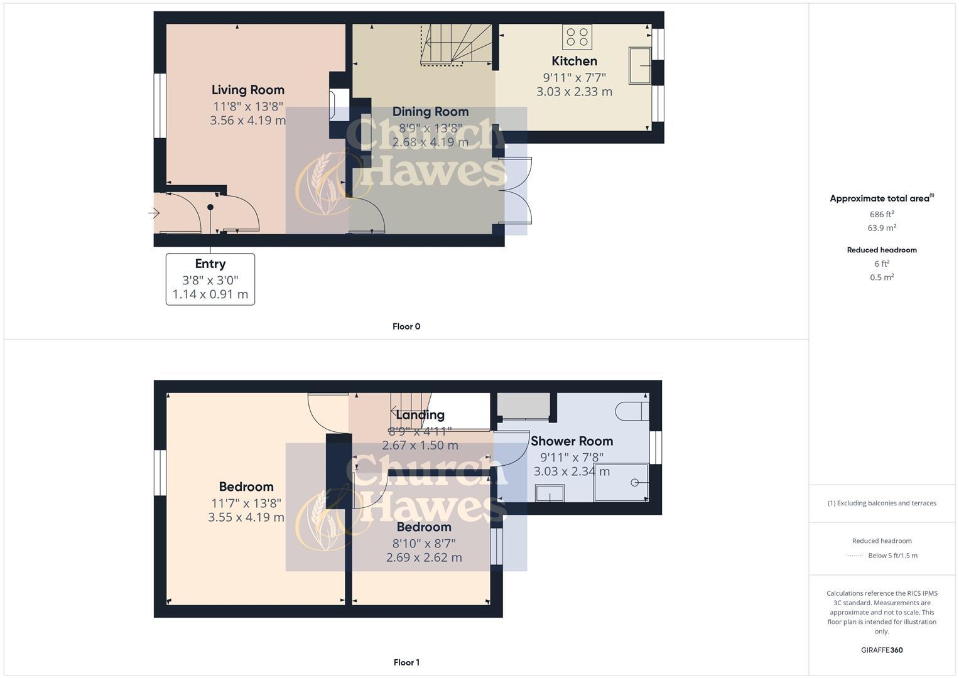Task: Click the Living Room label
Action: coord(247,90)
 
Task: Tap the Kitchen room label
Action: coord(574,61)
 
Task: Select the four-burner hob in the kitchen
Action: coord(577,36)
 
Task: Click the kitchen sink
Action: coord(640,65)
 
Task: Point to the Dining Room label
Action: coord(430,112)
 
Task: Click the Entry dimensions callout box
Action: coord(210,279)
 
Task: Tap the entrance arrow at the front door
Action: coord(154,213)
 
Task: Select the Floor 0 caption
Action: coord(406,326)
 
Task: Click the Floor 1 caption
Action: coord(406,662)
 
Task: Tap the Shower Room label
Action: coord(572,441)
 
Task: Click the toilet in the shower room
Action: coord(632,411)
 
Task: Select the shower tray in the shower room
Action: coord(620,482)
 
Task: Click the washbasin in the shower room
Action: coord(550,493)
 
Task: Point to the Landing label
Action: coord(420,415)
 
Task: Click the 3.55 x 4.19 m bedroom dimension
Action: coord(246,517)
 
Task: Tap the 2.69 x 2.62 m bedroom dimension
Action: coord(424,557)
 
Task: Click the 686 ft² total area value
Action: coord(882,214)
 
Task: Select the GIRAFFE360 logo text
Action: coord(882,650)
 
